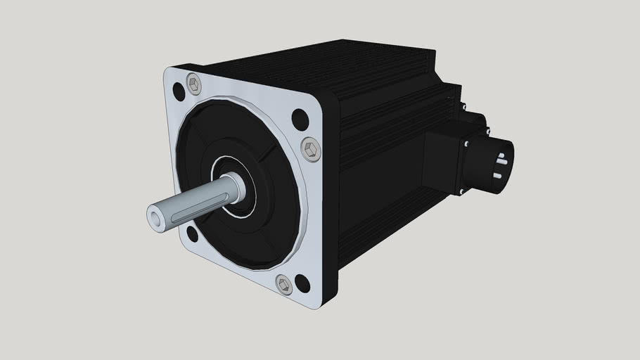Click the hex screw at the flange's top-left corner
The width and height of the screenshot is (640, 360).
click(x=194, y=86)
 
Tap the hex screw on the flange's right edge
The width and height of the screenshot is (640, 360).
click(x=310, y=148)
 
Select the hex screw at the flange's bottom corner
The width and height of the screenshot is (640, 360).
click(x=283, y=285)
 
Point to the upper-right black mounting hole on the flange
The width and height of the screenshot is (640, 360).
click(x=300, y=120)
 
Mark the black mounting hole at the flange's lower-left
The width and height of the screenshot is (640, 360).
click(x=192, y=233)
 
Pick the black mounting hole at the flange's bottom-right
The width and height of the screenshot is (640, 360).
click(x=302, y=283)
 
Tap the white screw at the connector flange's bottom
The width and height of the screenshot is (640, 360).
click(x=461, y=191)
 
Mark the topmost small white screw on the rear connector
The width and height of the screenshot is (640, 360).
click(x=464, y=108)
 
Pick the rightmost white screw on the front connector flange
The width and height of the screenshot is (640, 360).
click(x=488, y=131)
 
